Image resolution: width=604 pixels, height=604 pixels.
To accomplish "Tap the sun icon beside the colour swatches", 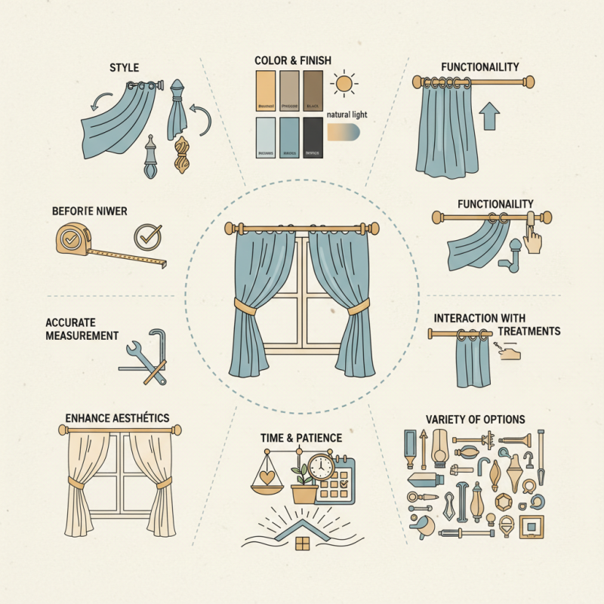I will coord(345,82).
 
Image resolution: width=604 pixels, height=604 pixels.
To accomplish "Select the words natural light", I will coord(348,114).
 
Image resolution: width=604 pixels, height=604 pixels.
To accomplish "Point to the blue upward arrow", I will coord(489,117).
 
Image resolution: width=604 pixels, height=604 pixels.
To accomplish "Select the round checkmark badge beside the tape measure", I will coord(146,236).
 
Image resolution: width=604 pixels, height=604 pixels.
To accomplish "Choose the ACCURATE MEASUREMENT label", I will coord(82,328).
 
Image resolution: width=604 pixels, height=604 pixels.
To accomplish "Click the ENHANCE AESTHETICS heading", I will coord(116,418).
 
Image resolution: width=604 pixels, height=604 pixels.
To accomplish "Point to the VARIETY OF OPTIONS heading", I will coord(475,419).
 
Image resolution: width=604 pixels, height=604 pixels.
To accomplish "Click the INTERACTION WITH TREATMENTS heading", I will coord(497,325).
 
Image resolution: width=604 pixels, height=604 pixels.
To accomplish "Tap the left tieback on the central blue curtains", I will coord(243,306).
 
